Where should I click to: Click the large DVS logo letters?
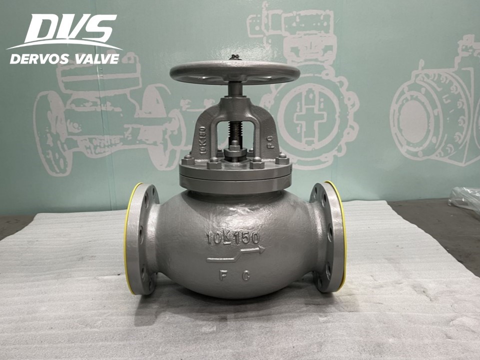click(x=70, y=28)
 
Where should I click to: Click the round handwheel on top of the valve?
click(x=234, y=72)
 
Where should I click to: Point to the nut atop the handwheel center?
click(x=234, y=57)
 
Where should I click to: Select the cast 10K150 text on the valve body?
click(x=233, y=238)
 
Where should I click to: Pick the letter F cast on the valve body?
click(x=223, y=275)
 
